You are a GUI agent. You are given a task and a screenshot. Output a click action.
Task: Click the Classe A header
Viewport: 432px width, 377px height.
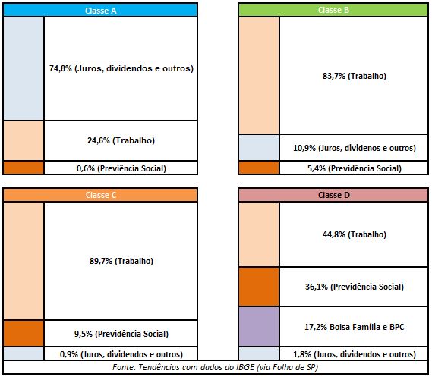[100, 11]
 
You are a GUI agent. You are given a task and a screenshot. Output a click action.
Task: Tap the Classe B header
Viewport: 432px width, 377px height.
[333, 10]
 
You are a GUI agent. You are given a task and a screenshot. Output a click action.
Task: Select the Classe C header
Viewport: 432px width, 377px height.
[101, 195]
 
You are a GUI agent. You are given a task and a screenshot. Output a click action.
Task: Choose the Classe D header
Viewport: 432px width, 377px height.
[333, 195]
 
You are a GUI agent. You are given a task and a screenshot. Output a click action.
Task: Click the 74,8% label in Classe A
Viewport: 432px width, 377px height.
[121, 68]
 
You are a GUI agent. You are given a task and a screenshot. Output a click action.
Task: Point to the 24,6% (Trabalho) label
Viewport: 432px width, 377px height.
[121, 140]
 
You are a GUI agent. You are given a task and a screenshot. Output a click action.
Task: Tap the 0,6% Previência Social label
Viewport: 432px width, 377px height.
[121, 168]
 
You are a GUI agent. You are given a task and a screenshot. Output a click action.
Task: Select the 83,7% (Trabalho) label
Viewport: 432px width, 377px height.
[355, 76]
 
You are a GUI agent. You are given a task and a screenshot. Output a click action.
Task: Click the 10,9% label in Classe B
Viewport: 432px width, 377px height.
[355, 148]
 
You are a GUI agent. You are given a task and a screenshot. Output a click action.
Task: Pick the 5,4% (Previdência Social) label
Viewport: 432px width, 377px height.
[355, 168]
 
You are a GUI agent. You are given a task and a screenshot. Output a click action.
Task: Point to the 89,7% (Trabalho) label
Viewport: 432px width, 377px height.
[121, 261]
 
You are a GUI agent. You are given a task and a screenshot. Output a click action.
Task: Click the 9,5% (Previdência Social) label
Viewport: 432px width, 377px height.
[121, 334]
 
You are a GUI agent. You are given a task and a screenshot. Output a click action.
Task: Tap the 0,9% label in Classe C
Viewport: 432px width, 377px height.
[121, 354]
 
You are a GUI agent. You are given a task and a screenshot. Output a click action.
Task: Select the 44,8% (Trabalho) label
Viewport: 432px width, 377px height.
[355, 234]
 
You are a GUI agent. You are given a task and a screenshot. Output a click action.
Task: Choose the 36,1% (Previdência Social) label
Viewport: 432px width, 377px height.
[355, 287]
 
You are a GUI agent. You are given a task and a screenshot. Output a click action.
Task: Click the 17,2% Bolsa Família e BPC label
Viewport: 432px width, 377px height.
[355, 327]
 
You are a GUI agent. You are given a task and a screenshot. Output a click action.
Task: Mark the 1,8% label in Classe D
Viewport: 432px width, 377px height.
[355, 354]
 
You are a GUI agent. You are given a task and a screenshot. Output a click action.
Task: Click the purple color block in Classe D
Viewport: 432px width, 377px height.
[259, 327]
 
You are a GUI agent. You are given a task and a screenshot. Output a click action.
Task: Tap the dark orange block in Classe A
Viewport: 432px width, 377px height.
[24, 168]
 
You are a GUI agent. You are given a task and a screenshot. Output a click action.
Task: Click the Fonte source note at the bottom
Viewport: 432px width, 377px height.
[215, 367]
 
